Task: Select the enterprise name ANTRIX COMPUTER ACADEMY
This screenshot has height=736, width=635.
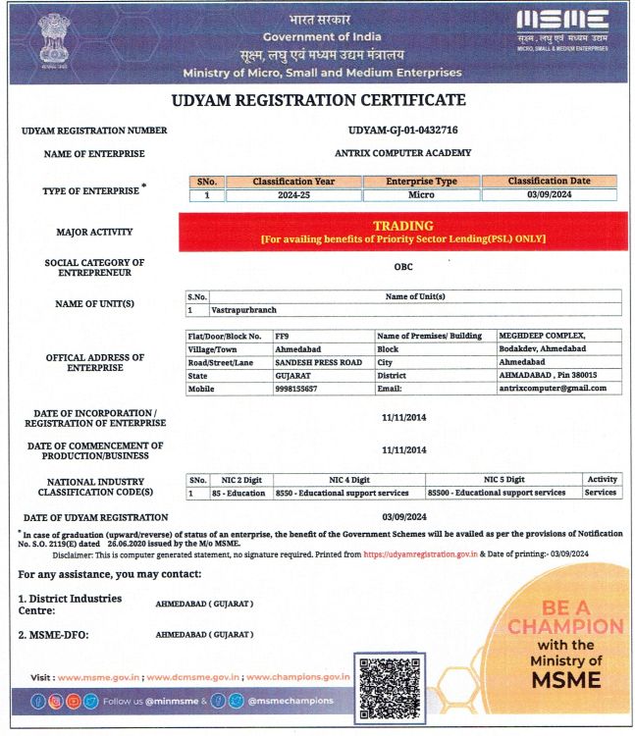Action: (x=402, y=153)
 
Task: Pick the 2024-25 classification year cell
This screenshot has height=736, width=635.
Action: (x=294, y=195)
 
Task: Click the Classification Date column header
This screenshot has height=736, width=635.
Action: (x=550, y=182)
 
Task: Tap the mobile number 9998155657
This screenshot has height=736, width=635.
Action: (x=296, y=389)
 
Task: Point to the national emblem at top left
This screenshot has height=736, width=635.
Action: (x=49, y=39)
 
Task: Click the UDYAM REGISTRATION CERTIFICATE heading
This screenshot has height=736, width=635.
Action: (x=318, y=100)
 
